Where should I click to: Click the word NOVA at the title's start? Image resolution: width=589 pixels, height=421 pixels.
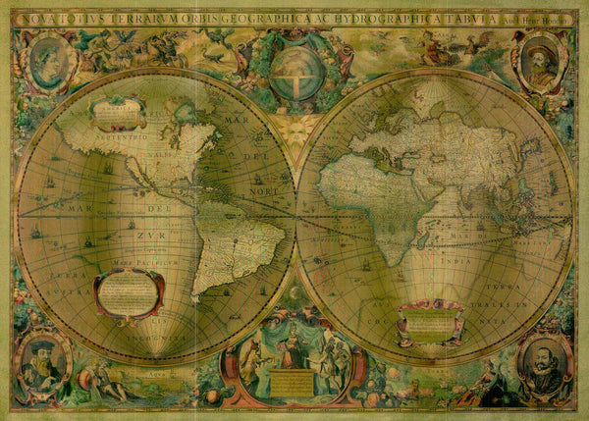(x=40, y=17)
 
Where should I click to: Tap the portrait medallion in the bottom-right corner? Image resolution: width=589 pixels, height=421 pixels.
(x=545, y=364)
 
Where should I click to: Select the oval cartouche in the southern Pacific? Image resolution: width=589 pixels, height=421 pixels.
(x=129, y=292)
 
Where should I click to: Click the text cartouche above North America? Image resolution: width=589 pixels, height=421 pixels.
(x=117, y=114)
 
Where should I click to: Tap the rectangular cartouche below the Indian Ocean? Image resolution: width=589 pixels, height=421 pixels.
(x=430, y=322)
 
